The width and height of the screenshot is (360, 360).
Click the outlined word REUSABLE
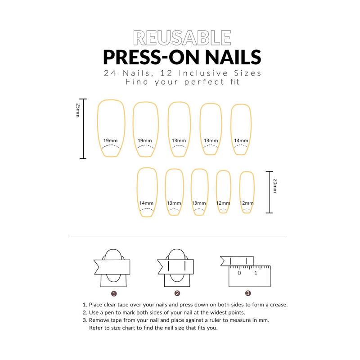180,39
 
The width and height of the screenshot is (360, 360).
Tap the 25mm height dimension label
78,110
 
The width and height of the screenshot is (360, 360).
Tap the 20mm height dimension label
275,185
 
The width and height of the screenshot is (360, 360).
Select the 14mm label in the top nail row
241,141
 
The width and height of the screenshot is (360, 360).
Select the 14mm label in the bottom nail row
146,203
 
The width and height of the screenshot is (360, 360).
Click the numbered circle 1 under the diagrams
114,293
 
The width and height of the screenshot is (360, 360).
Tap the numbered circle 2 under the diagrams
177,293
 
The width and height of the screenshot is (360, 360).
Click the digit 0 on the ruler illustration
239,273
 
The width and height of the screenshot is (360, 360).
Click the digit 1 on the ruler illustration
256,273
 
